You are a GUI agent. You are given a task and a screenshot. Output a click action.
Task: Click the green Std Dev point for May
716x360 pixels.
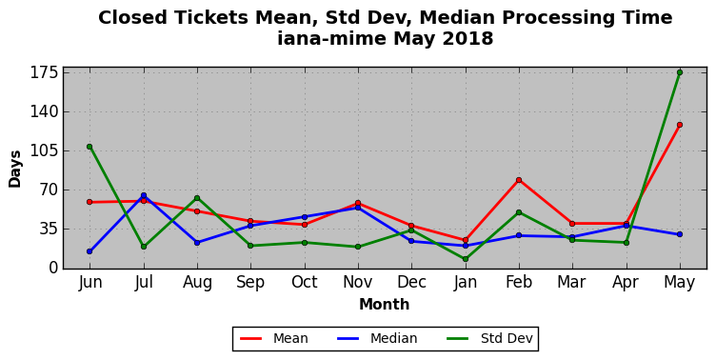pos(680,72)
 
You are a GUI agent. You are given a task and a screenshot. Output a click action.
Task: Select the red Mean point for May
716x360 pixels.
pos(680,125)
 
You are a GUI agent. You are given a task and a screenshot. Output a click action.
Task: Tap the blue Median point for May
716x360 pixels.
pos(680,234)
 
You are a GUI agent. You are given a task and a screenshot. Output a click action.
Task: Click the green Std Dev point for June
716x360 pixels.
pos(89,147)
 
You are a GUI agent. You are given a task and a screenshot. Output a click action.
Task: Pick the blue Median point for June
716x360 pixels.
pos(89,251)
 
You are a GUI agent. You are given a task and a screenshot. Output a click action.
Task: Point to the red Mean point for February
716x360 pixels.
pos(519,180)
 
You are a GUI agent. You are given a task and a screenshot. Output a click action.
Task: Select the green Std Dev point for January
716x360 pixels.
pos(466,259)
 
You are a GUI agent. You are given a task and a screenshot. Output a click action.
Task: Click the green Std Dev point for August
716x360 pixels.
pos(197,198)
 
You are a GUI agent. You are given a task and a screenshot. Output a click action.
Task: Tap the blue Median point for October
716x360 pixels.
pos(305,217)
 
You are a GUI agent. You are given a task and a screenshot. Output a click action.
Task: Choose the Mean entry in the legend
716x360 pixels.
pos(274,338)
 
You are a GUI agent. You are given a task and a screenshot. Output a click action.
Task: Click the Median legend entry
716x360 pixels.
pos(377,338)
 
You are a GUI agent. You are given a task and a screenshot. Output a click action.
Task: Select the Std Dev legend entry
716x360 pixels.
pos(489,338)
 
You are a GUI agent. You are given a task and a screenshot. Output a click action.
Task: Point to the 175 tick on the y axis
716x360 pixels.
pos(44,72)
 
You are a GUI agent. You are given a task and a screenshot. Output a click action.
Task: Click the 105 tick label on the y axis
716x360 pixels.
pos(44,150)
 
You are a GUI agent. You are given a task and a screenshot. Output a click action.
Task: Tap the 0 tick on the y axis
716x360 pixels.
pos(53,268)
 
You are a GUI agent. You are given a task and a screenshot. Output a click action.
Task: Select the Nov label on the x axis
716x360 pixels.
pos(358,282)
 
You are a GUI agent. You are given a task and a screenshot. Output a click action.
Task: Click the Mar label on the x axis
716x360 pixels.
pos(571,282)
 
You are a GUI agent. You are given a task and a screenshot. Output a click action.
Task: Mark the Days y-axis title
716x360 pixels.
pos(15,169)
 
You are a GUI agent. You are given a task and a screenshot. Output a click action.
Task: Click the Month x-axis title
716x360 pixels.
pos(384,304)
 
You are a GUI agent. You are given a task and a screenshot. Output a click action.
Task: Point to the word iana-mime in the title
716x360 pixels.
pos(332,38)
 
